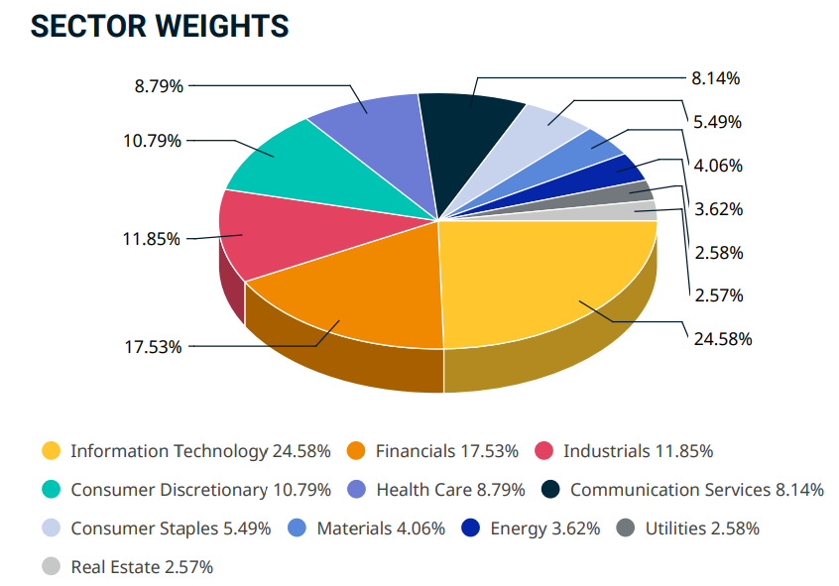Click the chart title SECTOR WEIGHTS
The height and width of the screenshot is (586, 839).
160,27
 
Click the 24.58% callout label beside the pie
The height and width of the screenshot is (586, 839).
723,338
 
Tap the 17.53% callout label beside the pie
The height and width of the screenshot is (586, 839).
153,346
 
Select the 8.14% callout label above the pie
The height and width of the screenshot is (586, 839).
716,78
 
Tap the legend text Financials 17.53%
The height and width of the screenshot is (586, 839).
446,451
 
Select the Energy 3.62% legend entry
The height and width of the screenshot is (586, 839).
544,528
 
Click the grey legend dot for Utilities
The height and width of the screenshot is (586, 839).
626,528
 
